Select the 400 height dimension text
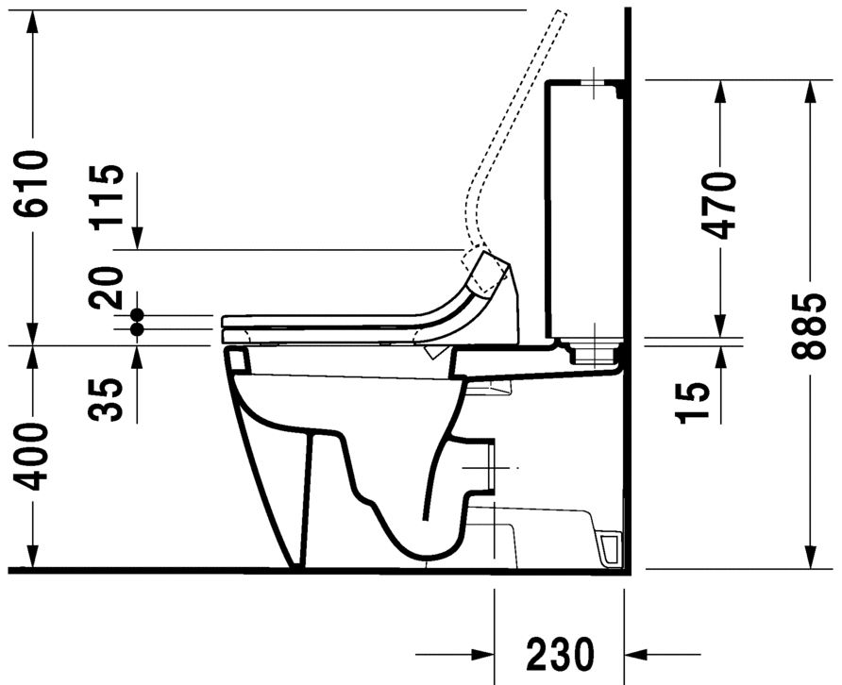click(x=32, y=458)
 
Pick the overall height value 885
click(x=810, y=326)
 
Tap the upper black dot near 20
click(x=137, y=314)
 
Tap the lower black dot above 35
click(x=137, y=328)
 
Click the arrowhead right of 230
click(x=636, y=653)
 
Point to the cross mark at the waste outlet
click(x=492, y=468)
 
